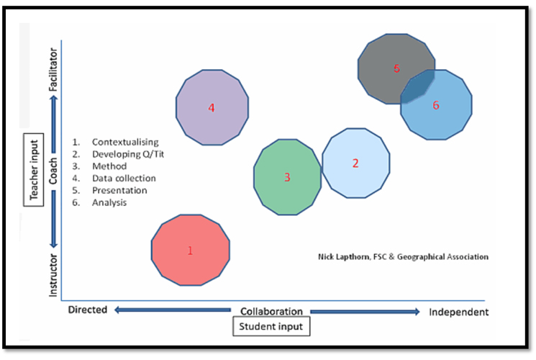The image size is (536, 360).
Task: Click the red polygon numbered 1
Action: click(191, 250)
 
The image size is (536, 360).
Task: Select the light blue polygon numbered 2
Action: click(355, 163)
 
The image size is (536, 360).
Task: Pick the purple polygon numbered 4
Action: click(212, 108)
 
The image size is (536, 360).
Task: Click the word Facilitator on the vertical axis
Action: click(53, 73)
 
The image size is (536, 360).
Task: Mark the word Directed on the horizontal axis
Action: click(87, 310)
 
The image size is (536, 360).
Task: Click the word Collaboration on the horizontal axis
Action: click(271, 312)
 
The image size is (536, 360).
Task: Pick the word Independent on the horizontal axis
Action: click(458, 312)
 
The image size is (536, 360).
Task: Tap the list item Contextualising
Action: click(125, 142)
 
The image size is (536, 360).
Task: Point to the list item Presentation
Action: click(119, 190)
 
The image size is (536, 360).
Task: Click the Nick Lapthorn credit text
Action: click(403, 256)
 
